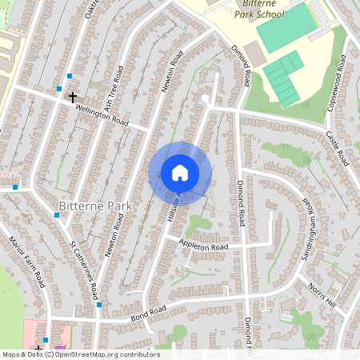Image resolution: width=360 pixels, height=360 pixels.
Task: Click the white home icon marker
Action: [x=180, y=172]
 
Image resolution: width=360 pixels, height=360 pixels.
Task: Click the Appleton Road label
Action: [x=203, y=246]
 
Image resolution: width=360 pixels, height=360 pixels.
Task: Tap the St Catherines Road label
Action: [x=83, y=269]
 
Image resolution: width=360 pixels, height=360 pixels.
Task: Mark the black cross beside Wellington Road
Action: [x=73, y=97]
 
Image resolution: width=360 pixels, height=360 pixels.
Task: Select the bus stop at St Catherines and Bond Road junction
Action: [x=98, y=304]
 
